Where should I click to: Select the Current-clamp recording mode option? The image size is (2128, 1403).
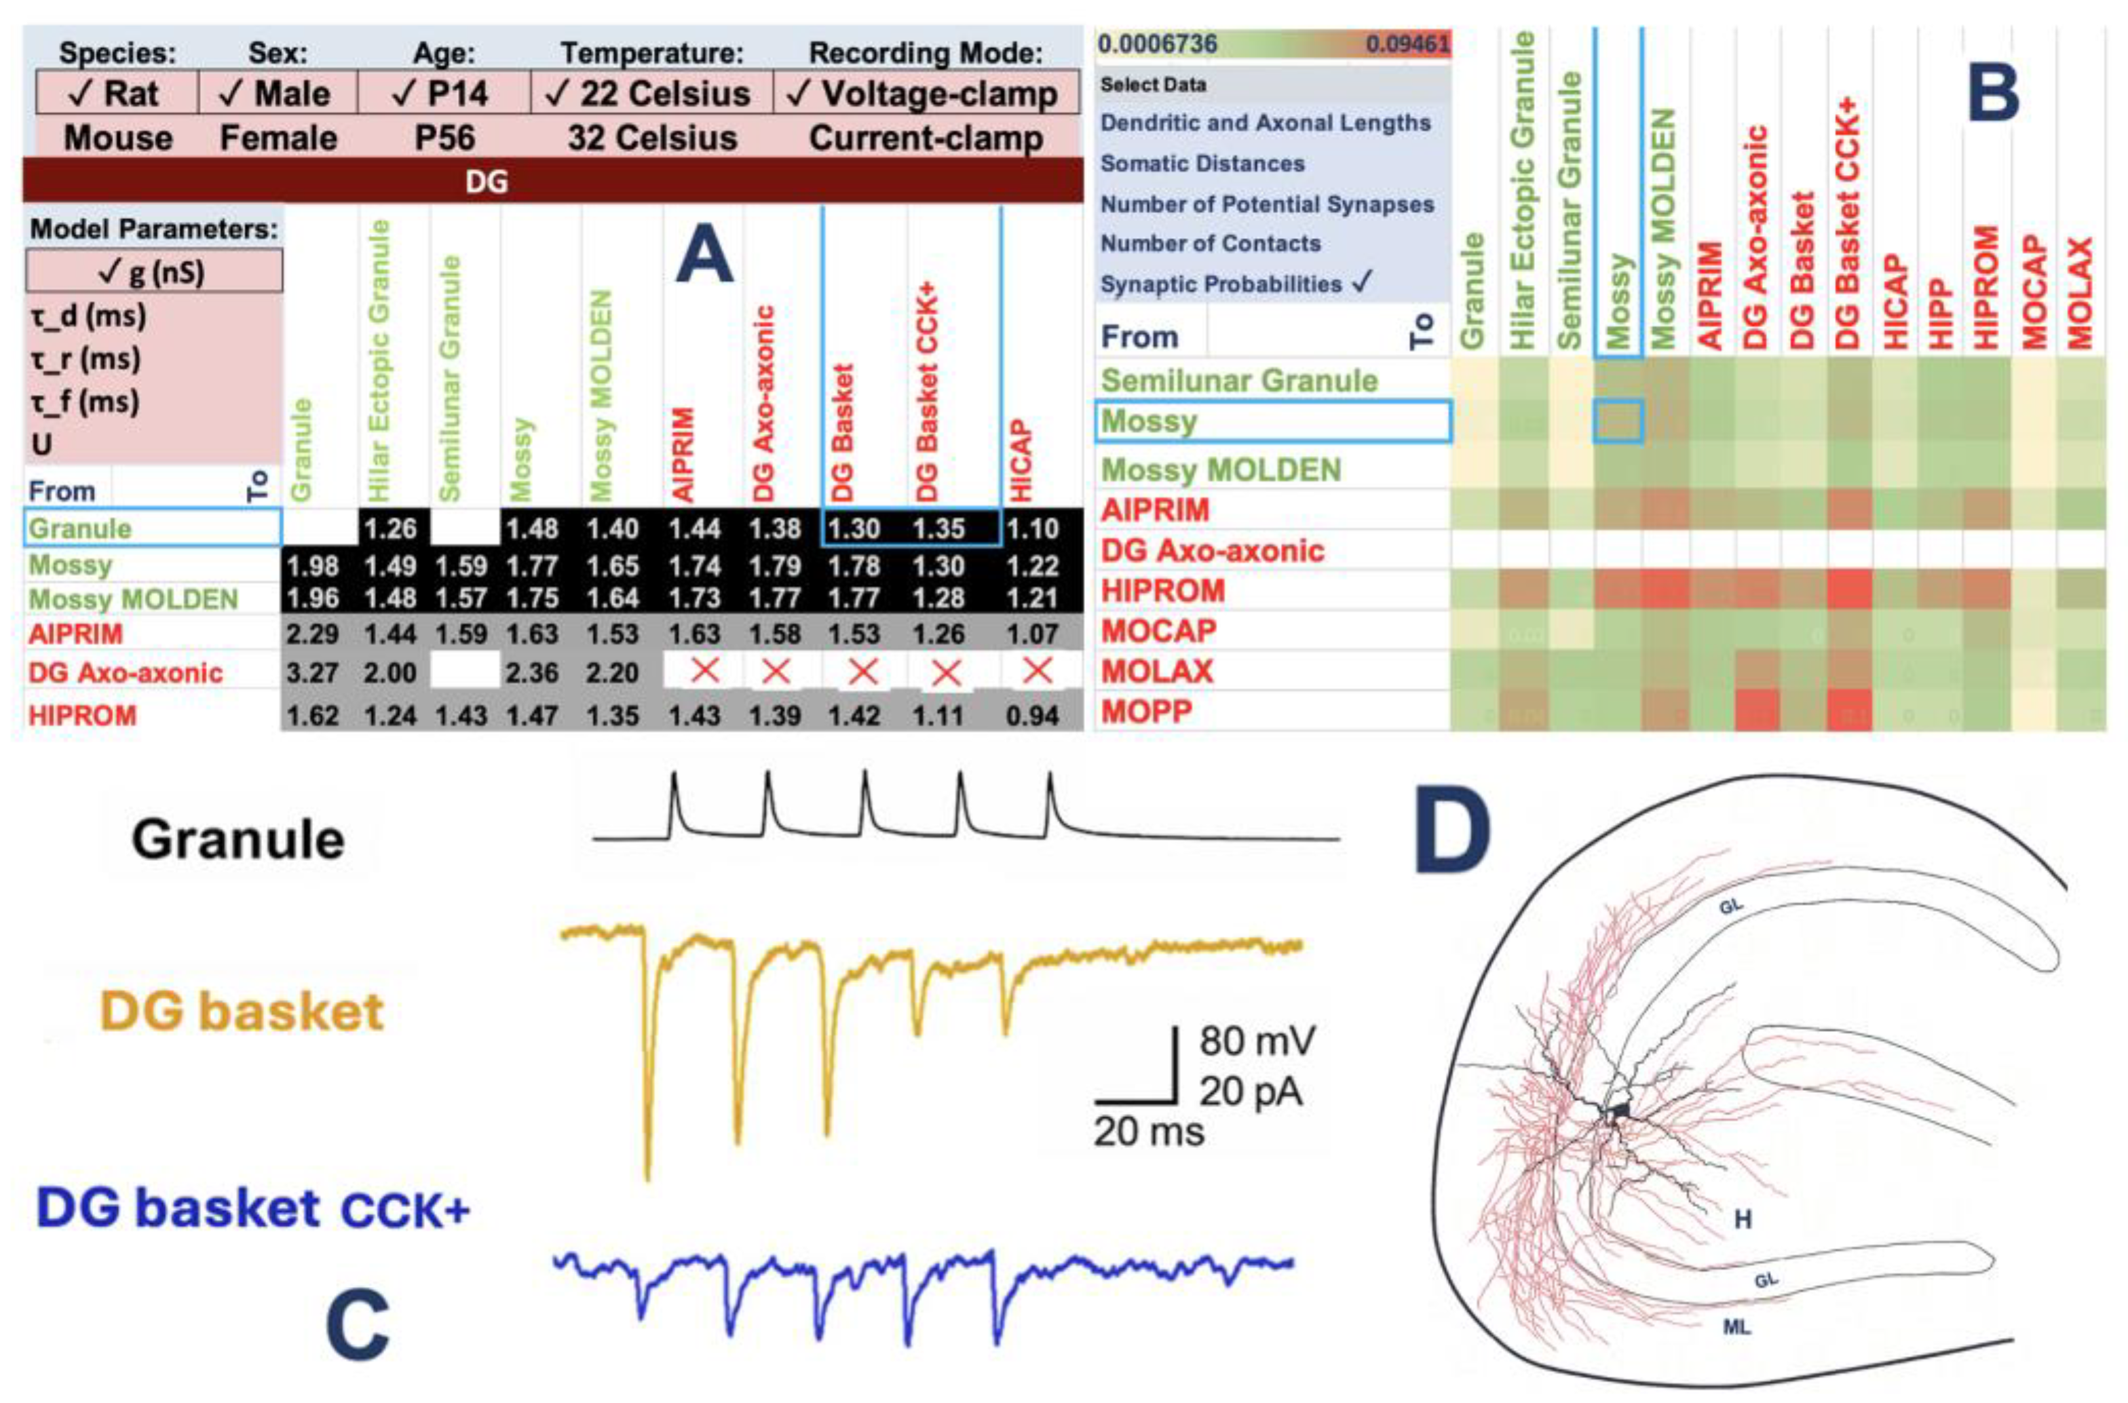(x=926, y=138)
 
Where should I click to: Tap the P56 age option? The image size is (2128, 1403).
(x=444, y=138)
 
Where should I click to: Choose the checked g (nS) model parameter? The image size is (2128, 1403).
(x=153, y=271)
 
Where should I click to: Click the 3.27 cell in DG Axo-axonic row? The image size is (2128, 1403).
(x=311, y=672)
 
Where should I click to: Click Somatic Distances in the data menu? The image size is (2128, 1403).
(x=1202, y=164)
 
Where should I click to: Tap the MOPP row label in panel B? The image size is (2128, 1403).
(x=1146, y=712)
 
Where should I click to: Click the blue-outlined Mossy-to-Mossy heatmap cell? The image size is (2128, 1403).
(x=1617, y=421)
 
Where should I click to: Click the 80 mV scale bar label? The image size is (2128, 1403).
(x=1257, y=1041)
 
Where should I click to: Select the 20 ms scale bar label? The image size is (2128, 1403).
(x=1148, y=1132)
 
